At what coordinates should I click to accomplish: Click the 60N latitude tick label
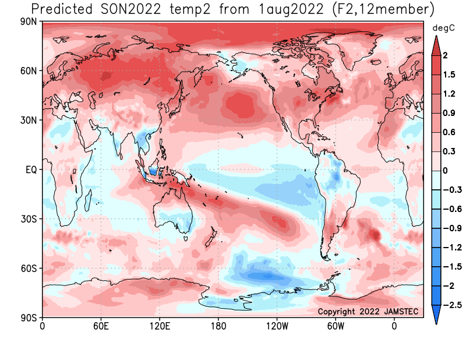pos(29,71)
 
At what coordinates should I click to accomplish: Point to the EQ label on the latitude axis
pos(31,170)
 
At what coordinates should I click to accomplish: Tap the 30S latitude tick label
pos(29,219)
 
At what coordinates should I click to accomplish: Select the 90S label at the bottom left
pos(29,318)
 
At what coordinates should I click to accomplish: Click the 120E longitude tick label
pos(160,326)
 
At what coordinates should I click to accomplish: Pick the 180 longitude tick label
pos(218,326)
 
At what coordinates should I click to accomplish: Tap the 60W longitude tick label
pos(336,326)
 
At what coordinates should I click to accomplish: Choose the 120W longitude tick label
pos(277,326)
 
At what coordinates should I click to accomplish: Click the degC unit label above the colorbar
pos(443,28)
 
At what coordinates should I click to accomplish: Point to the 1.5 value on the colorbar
pos(449,75)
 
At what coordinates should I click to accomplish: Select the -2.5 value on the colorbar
pos(453,305)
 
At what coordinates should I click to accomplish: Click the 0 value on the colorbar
pos(445,171)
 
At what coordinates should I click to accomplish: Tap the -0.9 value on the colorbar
pos(453,228)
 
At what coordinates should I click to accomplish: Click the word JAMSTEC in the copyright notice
pos(401,311)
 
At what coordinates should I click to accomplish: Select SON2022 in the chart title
pos(130,9)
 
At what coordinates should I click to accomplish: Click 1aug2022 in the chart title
pos(291,9)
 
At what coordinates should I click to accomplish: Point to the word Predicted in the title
pos(62,9)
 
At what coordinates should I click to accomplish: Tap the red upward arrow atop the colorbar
pos(436,46)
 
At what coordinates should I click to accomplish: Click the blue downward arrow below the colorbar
pos(436,315)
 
